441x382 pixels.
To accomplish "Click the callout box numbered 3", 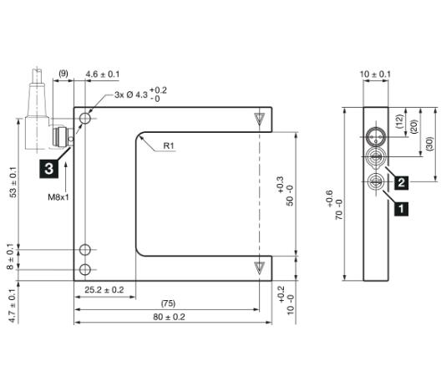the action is (x=49, y=169).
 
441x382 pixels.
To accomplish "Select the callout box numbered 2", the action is (x=401, y=182).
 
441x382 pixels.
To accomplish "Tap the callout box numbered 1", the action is (x=401, y=209).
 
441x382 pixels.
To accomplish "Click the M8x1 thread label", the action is (x=58, y=197).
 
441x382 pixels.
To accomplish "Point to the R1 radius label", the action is (x=169, y=145).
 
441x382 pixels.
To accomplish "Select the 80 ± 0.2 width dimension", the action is (x=169, y=317).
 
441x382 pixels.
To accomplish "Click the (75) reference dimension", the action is (x=168, y=303).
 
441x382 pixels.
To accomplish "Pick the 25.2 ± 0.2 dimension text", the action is (x=104, y=290).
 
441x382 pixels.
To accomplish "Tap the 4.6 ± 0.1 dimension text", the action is (x=103, y=74).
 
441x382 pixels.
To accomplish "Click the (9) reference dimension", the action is (x=63, y=74).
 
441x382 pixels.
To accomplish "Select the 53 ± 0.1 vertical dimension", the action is (x=13, y=182).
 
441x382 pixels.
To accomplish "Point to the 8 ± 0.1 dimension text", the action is (x=10, y=257).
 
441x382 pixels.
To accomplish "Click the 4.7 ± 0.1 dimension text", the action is (x=12, y=306).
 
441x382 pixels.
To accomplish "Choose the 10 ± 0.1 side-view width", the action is (x=375, y=74).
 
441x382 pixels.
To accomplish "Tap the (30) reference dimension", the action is (x=429, y=145).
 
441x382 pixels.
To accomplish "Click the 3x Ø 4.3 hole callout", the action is (x=140, y=94).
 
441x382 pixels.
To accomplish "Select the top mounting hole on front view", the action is (x=85, y=119).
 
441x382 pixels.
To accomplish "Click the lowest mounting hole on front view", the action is (x=85, y=270).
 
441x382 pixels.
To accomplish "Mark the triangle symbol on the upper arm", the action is (x=259, y=118).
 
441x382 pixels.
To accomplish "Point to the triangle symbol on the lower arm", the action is (x=259, y=267).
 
